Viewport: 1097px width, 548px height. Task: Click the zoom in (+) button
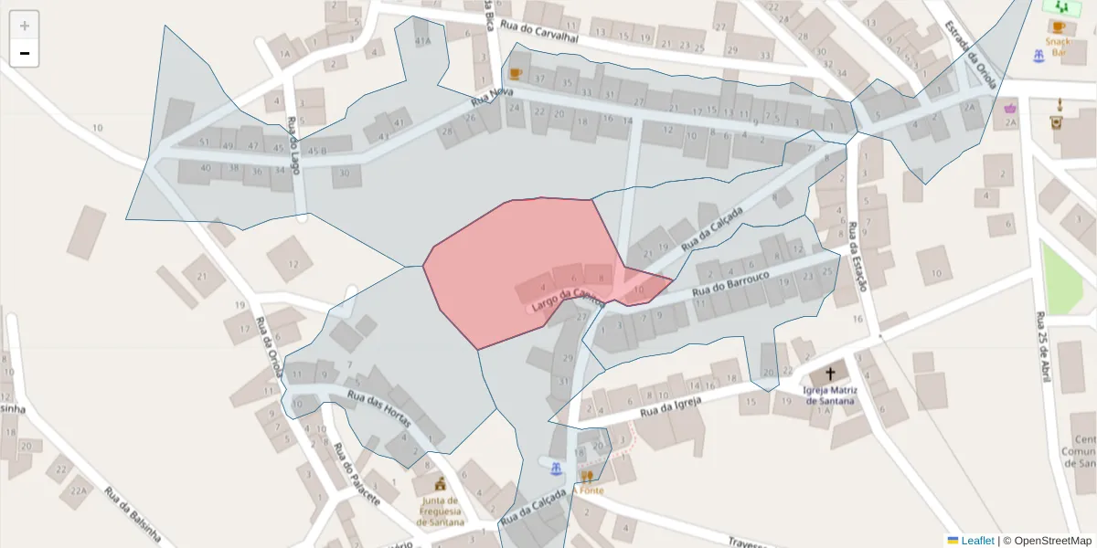(x=25, y=26)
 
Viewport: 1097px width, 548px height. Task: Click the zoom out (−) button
(x=25, y=53)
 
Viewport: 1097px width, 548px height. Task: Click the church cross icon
(x=830, y=374)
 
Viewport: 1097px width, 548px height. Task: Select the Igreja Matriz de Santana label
(x=829, y=395)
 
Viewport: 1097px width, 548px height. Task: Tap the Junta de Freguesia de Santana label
(x=440, y=511)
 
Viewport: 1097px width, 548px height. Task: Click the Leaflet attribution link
(x=976, y=541)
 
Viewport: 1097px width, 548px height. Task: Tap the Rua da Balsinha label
(x=132, y=516)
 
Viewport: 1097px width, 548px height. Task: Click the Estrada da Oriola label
(x=971, y=54)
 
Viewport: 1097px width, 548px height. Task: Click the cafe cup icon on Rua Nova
(x=516, y=74)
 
